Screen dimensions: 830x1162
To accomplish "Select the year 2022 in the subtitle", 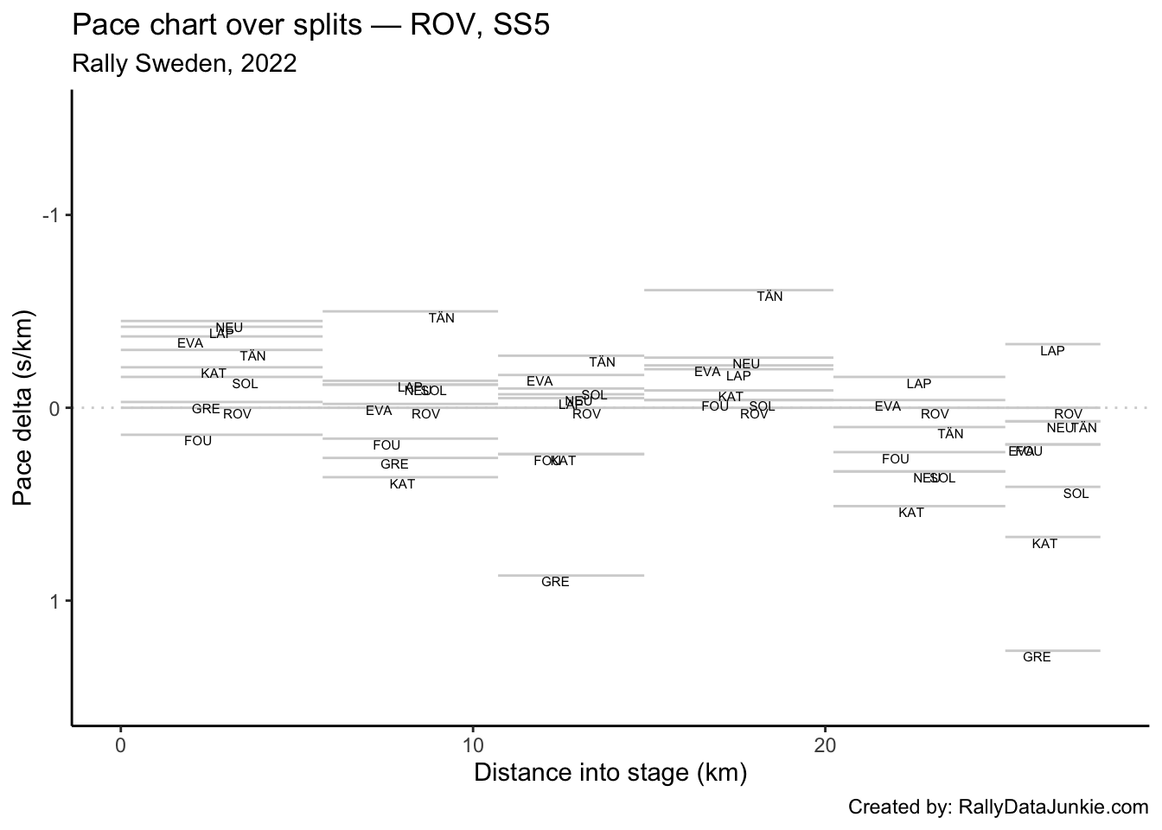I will [x=269, y=63].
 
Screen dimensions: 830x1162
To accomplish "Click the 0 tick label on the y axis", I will [x=54, y=408].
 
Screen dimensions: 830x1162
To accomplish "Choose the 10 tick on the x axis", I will [x=473, y=745].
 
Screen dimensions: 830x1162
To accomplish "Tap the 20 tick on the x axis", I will [x=825, y=745].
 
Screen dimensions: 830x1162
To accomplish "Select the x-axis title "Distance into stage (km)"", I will [x=610, y=772].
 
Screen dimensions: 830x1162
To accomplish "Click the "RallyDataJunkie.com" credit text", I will [x=1053, y=808].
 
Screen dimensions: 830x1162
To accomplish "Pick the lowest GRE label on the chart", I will [x=1037, y=657].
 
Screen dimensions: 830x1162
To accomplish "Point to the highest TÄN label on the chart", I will [x=769, y=297].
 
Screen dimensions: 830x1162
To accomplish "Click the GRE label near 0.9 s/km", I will [x=555, y=582].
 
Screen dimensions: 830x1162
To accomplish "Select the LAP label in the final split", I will [x=1052, y=351].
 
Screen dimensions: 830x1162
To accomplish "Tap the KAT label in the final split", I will [x=1044, y=544].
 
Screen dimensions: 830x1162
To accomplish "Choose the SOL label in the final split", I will [x=1076, y=494].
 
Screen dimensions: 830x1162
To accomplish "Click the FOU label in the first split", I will [x=198, y=441].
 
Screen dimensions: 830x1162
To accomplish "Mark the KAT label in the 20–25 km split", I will [x=911, y=513].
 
